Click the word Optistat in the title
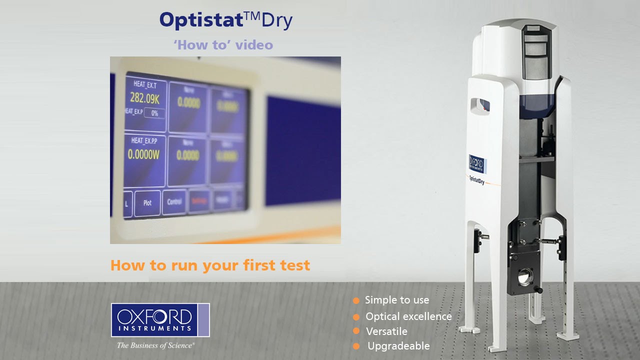[x=201, y=20]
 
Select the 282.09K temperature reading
[x=145, y=97]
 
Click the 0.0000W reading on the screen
[x=143, y=155]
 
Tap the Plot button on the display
[x=147, y=203]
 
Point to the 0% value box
[x=154, y=113]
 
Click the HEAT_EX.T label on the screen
[x=145, y=84]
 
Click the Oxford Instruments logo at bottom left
[x=160, y=320]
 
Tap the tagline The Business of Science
[x=155, y=345]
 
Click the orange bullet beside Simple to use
[x=356, y=300]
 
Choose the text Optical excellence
[x=408, y=316]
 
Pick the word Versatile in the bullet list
[x=386, y=331]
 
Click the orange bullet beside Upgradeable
[x=356, y=346]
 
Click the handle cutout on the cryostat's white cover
[x=480, y=104]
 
